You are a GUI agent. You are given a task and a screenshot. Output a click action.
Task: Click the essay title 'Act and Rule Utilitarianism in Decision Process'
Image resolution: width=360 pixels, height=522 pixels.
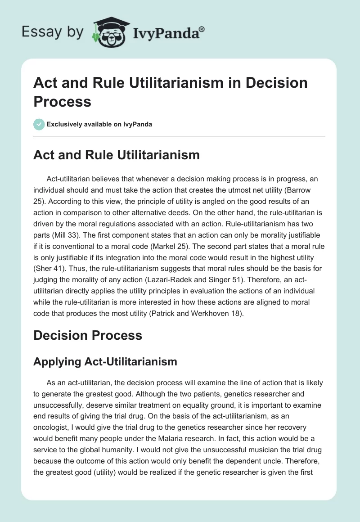click(171, 92)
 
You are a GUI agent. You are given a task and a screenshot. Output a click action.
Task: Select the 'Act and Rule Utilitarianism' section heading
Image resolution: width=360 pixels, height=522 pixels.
click(117, 155)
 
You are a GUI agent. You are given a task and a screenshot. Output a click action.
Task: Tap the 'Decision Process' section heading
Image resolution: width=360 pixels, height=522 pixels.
click(88, 335)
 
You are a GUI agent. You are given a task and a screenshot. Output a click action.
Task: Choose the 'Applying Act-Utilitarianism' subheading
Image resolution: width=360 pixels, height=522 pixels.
click(105, 361)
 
